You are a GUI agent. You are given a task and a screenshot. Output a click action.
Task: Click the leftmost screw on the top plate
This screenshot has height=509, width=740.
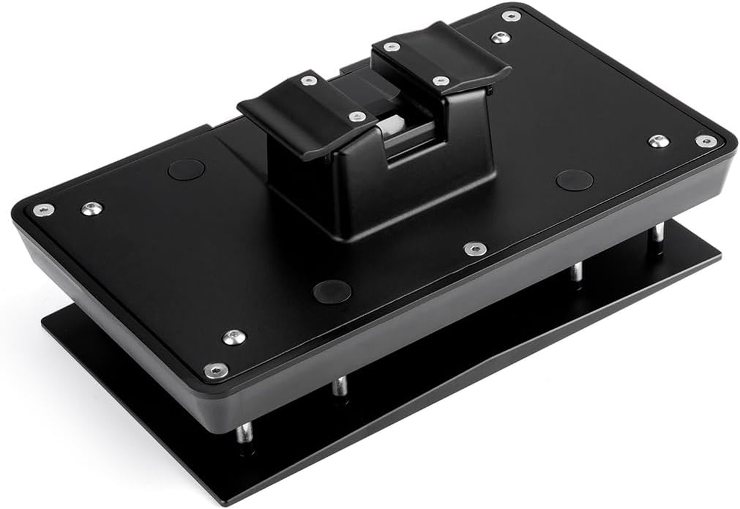(x=43, y=210)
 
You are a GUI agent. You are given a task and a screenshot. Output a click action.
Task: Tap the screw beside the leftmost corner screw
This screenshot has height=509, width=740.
(x=92, y=208)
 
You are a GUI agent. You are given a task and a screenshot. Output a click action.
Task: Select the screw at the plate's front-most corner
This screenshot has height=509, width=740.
(x=216, y=370)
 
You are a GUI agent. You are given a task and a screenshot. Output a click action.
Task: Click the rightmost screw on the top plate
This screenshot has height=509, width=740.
(x=705, y=141)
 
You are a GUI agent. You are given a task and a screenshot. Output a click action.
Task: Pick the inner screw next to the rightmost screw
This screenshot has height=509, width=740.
(x=659, y=141)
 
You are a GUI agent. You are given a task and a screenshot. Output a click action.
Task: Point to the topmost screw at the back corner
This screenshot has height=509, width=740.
(x=511, y=15)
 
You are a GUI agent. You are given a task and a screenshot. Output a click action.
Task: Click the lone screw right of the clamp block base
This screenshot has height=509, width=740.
(x=475, y=249)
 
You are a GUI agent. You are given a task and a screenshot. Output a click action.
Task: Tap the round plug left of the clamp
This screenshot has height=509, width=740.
(x=186, y=169)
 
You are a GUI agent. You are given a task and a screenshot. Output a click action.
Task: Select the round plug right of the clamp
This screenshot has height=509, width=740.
(x=574, y=180)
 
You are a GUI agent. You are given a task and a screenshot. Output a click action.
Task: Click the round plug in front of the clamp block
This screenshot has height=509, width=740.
(x=332, y=291)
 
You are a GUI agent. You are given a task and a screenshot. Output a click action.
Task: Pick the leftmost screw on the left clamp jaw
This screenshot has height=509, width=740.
(x=309, y=80)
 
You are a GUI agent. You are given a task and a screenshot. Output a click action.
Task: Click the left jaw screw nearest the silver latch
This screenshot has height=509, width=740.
(x=358, y=116)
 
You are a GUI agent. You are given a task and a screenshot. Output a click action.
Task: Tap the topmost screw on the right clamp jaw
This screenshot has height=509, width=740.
(x=392, y=46)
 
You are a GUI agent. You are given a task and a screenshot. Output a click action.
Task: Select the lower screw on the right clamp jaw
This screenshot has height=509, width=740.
(x=441, y=81)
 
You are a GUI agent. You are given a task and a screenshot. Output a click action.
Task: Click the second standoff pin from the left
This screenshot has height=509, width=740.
(x=341, y=386)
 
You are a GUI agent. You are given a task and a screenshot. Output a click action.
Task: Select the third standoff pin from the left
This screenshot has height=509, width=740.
(x=576, y=272)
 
